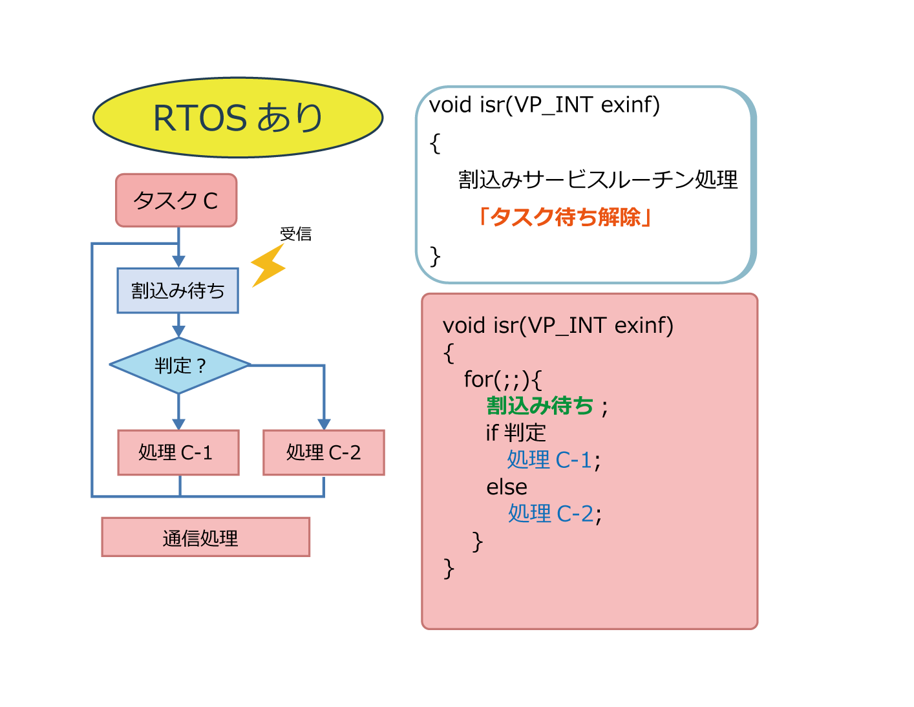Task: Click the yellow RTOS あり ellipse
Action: click(x=238, y=117)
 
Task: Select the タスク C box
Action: click(x=176, y=200)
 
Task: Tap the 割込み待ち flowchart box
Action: click(x=178, y=290)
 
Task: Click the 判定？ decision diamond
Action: click(x=180, y=365)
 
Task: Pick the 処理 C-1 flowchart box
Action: click(x=178, y=452)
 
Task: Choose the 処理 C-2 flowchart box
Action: click(x=323, y=452)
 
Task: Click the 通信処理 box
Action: click(x=206, y=537)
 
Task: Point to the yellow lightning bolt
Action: click(x=268, y=266)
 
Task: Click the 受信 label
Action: click(x=295, y=234)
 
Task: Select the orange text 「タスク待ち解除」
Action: click(x=565, y=217)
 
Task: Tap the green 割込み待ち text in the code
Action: click(x=540, y=406)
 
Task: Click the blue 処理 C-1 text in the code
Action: click(x=549, y=459)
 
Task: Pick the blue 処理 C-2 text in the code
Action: click(x=551, y=513)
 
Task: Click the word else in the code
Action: click(x=506, y=487)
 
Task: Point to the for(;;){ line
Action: click(x=503, y=379)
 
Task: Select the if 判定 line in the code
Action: click(x=516, y=432)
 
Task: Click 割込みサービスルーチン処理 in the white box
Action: click(x=598, y=180)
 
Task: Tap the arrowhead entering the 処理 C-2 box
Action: click(x=323, y=424)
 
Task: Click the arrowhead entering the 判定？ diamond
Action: click(x=178, y=332)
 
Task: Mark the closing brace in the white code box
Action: click(x=435, y=257)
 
